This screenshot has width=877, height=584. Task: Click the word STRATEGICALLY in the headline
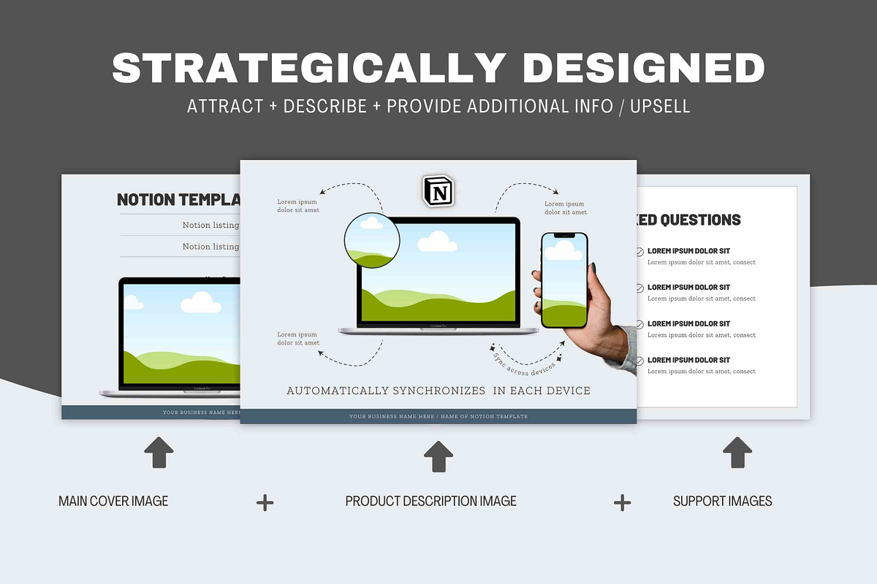(x=307, y=68)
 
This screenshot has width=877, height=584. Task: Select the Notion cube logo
(x=438, y=191)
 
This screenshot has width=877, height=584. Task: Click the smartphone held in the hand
(x=564, y=281)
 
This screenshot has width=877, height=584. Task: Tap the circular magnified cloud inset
(x=372, y=240)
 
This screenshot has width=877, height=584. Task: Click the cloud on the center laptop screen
(x=437, y=241)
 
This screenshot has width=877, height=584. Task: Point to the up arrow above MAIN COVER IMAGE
(x=159, y=453)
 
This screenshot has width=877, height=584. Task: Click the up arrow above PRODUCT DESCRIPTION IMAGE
(x=438, y=456)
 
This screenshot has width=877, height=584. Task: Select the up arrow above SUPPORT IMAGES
(x=737, y=453)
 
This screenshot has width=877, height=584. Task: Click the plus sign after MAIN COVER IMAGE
(x=265, y=502)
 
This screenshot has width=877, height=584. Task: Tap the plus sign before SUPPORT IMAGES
(x=622, y=502)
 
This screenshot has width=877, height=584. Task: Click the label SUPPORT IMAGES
(x=722, y=502)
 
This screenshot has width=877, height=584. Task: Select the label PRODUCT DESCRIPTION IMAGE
(x=430, y=502)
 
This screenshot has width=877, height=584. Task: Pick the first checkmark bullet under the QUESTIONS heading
(x=639, y=252)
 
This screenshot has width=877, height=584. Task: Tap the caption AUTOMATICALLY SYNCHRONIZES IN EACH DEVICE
(x=438, y=391)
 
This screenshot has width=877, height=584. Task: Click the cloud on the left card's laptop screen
(x=200, y=302)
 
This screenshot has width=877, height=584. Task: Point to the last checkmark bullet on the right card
(x=639, y=361)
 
